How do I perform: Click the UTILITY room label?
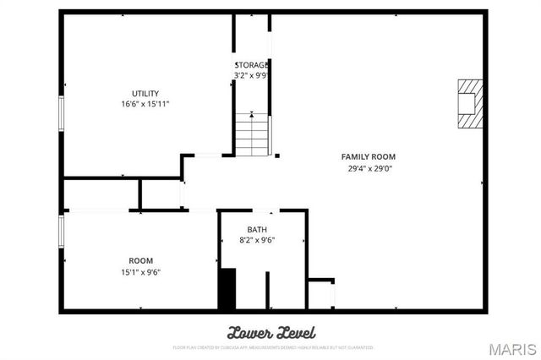145,94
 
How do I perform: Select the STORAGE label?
252,65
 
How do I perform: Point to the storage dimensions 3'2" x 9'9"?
252,75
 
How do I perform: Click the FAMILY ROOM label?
368,157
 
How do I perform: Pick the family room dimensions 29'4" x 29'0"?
368,168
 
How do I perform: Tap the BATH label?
257,230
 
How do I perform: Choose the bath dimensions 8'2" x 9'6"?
257,240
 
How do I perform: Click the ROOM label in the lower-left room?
140,260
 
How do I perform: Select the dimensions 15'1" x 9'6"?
140,272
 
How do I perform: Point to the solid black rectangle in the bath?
227,289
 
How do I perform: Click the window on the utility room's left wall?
61,113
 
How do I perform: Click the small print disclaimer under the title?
270,346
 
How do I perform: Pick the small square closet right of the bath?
320,293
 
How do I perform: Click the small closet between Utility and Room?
160,194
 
